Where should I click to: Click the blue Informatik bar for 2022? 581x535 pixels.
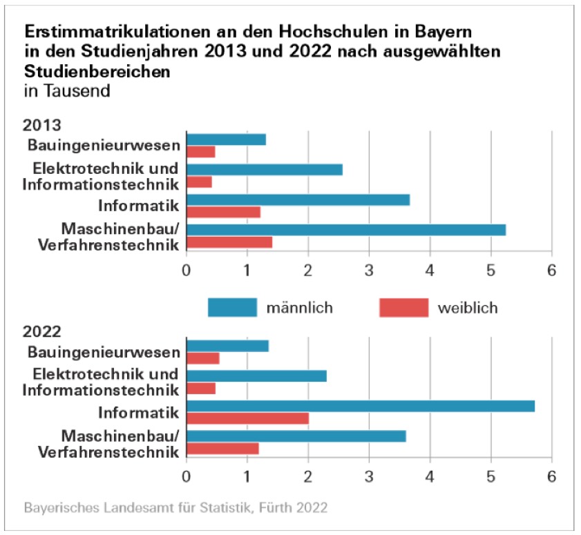(x=360, y=406)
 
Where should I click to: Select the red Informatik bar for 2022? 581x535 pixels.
(x=247, y=418)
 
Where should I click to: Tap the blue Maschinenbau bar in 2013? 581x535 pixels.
(x=345, y=230)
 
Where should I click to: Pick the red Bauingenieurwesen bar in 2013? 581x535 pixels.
(x=200, y=152)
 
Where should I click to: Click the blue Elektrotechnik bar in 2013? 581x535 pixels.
(x=264, y=170)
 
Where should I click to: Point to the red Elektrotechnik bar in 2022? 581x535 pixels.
(x=201, y=388)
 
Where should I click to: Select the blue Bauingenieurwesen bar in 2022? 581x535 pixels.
(x=227, y=346)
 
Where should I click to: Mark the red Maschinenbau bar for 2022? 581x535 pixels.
(x=222, y=448)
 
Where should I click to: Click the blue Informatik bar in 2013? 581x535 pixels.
(x=298, y=200)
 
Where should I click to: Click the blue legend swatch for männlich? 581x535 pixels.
(x=232, y=308)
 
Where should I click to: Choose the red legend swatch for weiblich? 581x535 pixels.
(x=403, y=308)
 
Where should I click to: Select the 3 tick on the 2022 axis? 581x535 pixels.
(x=369, y=476)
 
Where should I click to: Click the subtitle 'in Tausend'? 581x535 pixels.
(x=67, y=90)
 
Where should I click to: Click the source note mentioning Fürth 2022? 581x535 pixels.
(x=175, y=508)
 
